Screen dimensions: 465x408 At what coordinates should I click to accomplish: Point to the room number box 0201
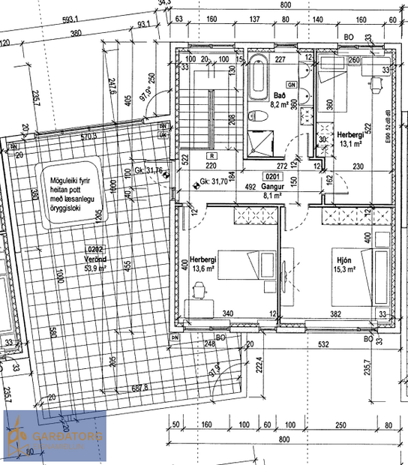[273, 177]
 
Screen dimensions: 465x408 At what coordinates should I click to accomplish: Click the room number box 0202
[96, 248]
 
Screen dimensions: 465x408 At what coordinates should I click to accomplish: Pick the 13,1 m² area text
[352, 144]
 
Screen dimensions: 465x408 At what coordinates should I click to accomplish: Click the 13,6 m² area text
[204, 267]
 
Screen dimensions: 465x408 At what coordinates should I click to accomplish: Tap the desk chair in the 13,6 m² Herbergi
[199, 287]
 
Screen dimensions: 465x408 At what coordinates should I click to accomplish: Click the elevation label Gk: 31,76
[154, 170]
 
